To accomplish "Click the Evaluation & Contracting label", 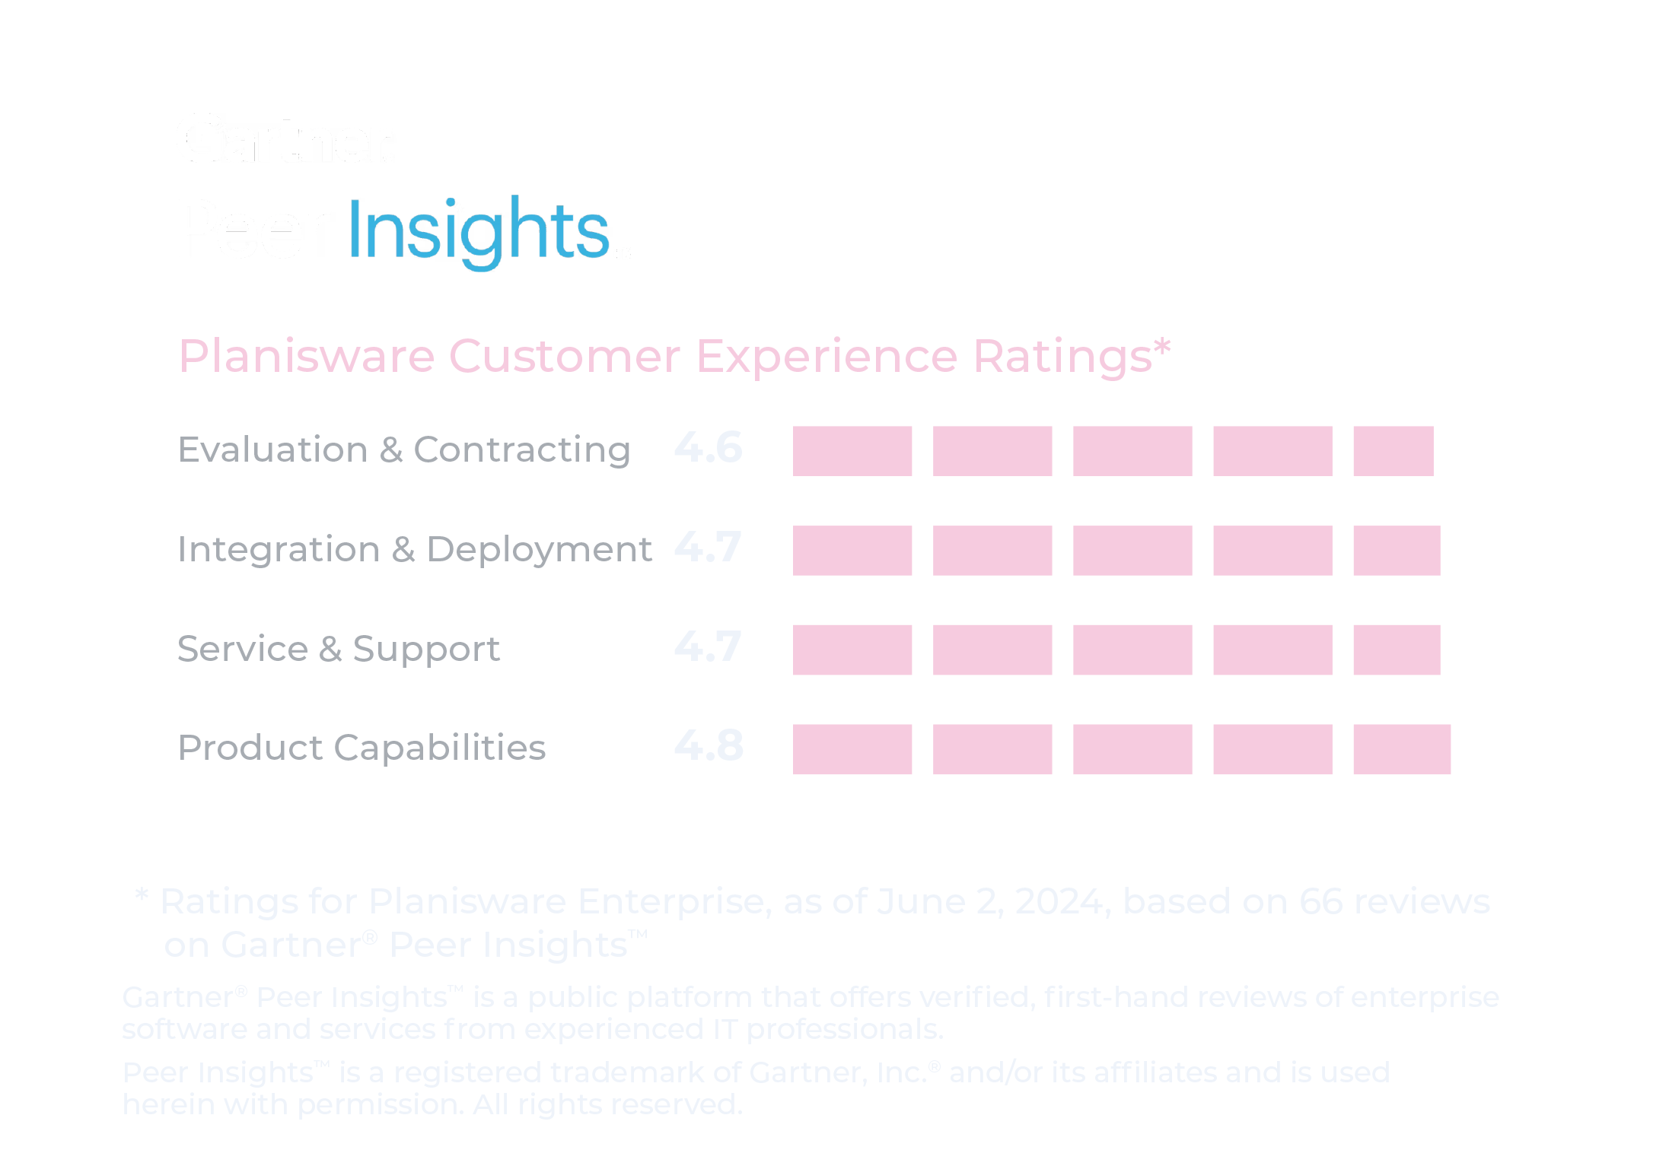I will point(404,450).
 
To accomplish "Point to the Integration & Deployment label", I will point(414,549).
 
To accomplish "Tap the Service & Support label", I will point(338,649).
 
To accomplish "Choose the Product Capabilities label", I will point(362,748).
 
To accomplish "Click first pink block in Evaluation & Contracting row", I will point(852,451).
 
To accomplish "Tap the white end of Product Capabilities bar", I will point(1461,749).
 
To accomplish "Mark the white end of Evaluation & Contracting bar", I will point(1453,451).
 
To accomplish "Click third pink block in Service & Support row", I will point(1132,650).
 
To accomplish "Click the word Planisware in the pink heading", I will point(306,356).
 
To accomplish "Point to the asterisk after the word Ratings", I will point(1161,348).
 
